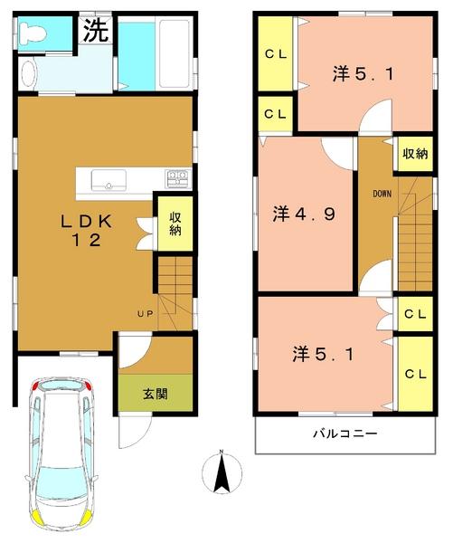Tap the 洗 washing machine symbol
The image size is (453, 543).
pos(96,31)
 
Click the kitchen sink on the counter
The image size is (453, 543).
pos(109,180)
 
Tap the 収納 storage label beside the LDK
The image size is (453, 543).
pos(175,224)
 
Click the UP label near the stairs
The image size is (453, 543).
pos(145,313)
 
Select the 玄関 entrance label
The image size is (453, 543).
pos(155,395)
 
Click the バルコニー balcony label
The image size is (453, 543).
pos(346,434)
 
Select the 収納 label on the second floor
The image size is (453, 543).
pos(415,154)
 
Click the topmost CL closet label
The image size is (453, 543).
pos(275,54)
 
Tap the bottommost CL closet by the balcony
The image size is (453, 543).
pos(415,374)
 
